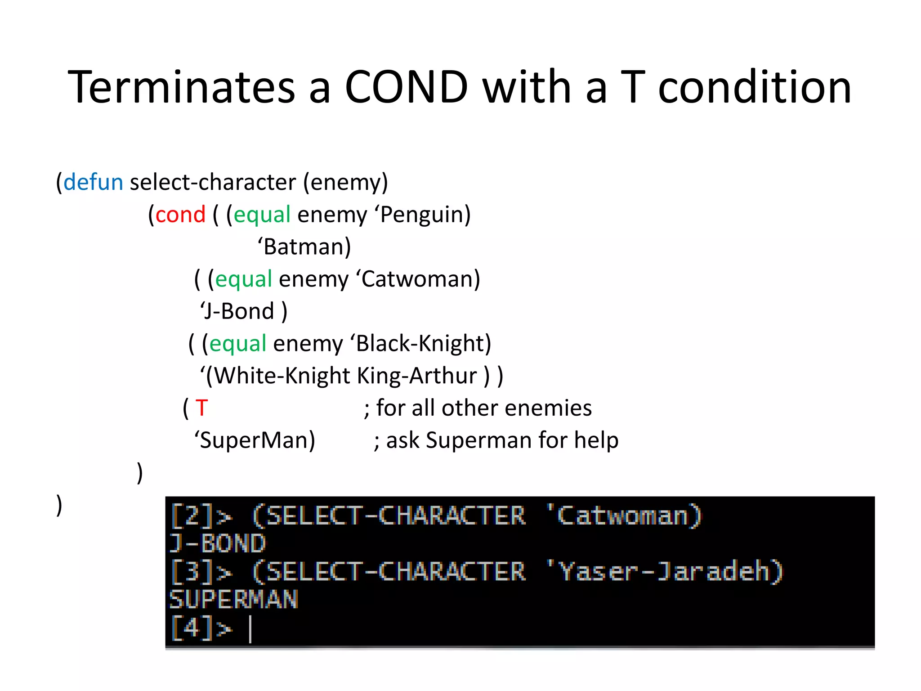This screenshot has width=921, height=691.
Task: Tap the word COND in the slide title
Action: coord(407,87)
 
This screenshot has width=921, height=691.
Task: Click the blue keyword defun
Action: coord(93,183)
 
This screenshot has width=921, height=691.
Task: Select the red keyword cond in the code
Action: coord(180,215)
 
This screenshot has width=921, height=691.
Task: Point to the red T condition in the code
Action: coord(201,408)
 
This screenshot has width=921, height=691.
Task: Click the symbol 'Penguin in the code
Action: coord(422,215)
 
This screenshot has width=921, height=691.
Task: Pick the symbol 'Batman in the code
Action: coord(304,247)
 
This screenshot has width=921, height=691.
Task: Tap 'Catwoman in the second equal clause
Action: coord(418,279)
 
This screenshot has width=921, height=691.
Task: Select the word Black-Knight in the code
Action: coord(420,344)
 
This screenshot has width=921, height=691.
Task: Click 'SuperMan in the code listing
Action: coord(255,441)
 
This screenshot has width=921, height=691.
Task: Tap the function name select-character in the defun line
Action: coord(213,183)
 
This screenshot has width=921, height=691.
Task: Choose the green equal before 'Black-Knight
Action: coord(238,344)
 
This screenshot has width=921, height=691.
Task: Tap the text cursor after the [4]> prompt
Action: coord(250,629)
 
